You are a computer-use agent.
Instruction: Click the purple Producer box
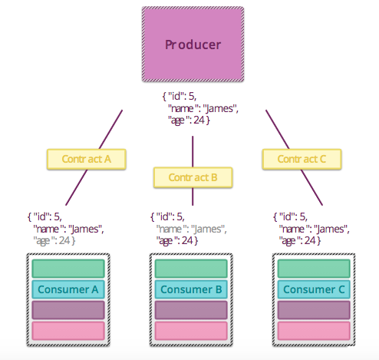tap(193, 45)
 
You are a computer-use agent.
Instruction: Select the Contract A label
tap(86, 159)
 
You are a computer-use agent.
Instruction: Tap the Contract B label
tap(192, 177)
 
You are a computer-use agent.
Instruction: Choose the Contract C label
tap(301, 159)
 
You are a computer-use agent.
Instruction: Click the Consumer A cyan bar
tap(68, 289)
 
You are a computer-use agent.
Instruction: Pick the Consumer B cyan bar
tap(191, 289)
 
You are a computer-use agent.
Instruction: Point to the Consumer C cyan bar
tap(314, 289)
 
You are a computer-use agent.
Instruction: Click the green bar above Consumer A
tap(68, 269)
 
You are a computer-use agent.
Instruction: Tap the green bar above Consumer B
tap(191, 269)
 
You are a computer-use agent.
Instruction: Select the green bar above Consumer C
tap(314, 269)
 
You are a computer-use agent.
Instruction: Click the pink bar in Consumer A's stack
tap(68, 331)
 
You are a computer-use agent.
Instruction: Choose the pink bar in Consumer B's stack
tap(191, 331)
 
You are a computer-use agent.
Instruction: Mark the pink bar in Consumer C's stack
tap(314, 331)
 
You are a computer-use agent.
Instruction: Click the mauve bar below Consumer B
tap(191, 310)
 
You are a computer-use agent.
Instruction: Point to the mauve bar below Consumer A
tap(68, 310)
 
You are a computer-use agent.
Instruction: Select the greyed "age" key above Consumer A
tap(44, 240)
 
